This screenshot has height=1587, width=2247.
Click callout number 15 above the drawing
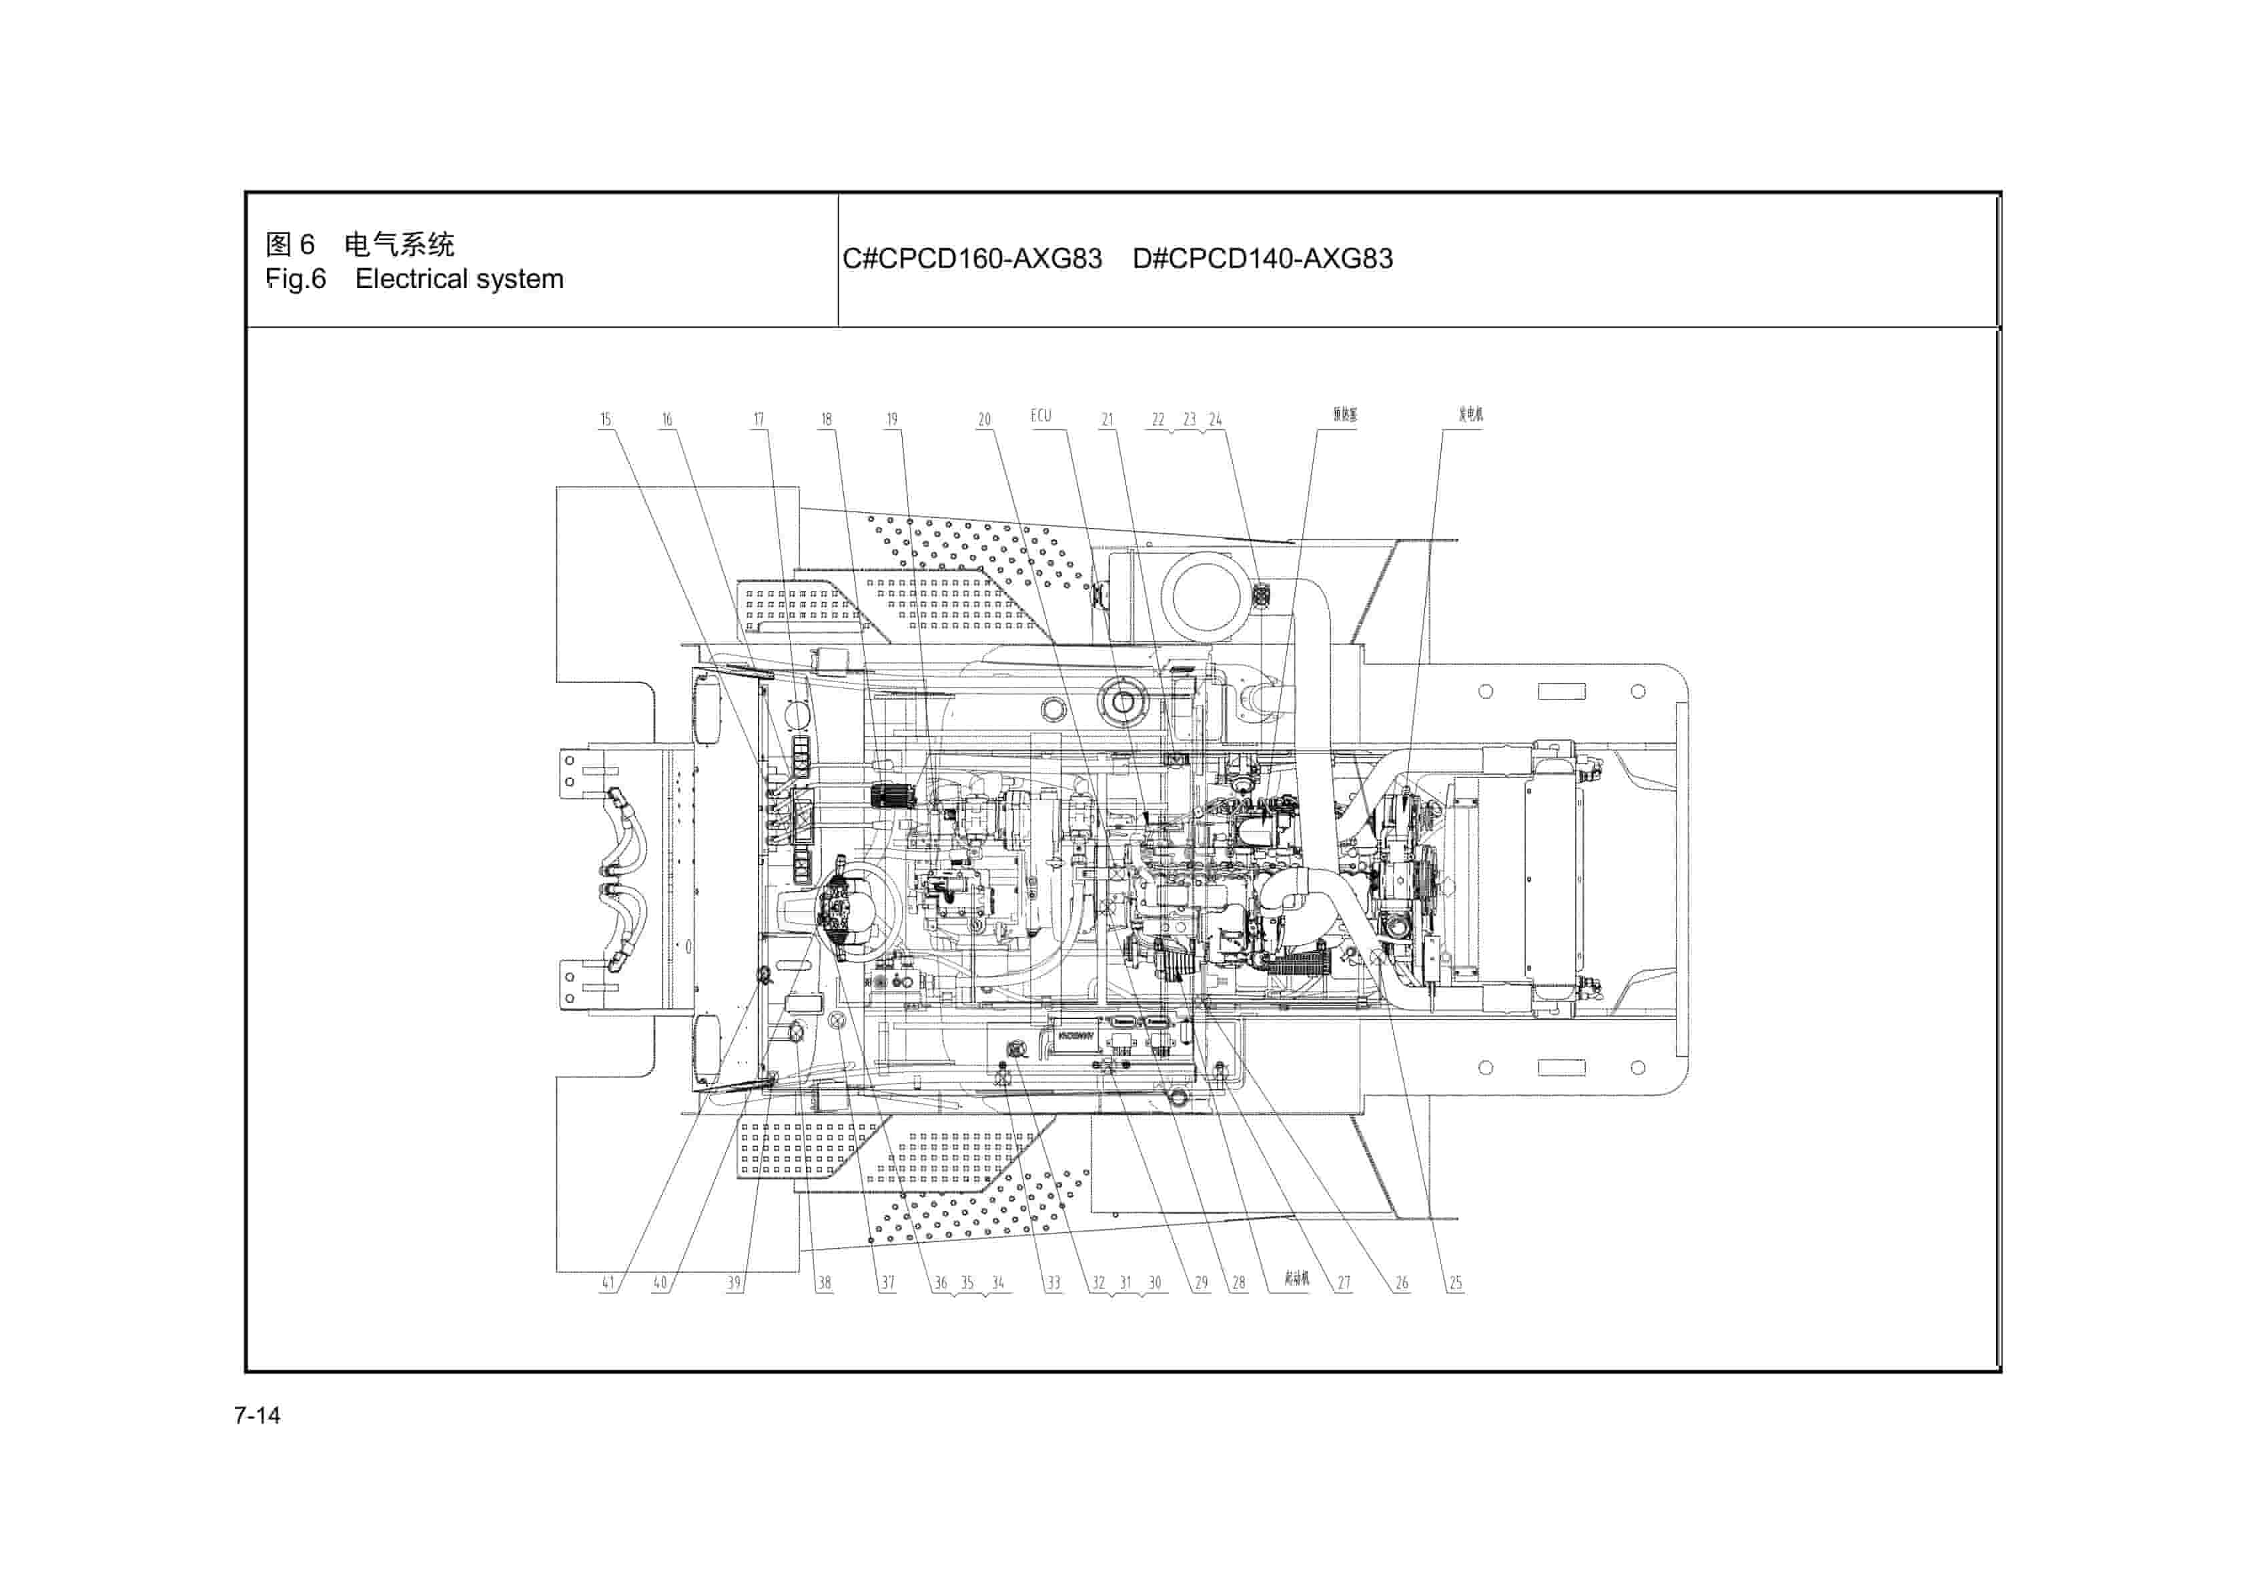[x=605, y=419]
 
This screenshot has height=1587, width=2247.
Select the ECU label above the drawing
[x=1040, y=416]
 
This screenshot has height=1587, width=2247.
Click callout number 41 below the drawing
[x=608, y=1283]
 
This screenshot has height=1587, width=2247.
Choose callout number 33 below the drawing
[x=1053, y=1283]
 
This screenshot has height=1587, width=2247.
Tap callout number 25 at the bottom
[x=1455, y=1283]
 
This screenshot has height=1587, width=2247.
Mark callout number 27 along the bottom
[x=1344, y=1283]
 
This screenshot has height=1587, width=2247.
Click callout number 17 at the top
[x=759, y=419]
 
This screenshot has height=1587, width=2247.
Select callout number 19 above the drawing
[x=891, y=419]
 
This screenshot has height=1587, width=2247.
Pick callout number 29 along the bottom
[x=1201, y=1283]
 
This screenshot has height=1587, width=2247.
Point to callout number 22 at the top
[x=1158, y=419]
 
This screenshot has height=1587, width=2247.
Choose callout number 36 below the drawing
[x=941, y=1283]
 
